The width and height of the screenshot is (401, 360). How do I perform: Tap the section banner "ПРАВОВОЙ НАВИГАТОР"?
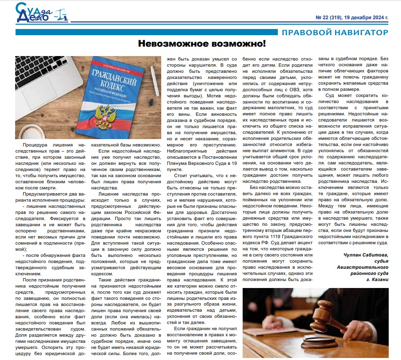(x=335, y=32)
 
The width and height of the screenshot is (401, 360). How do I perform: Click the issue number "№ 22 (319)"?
(x=331, y=18)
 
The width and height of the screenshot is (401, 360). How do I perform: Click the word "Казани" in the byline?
(x=380, y=279)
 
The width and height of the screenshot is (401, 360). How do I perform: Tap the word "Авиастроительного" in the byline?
(x=363, y=267)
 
